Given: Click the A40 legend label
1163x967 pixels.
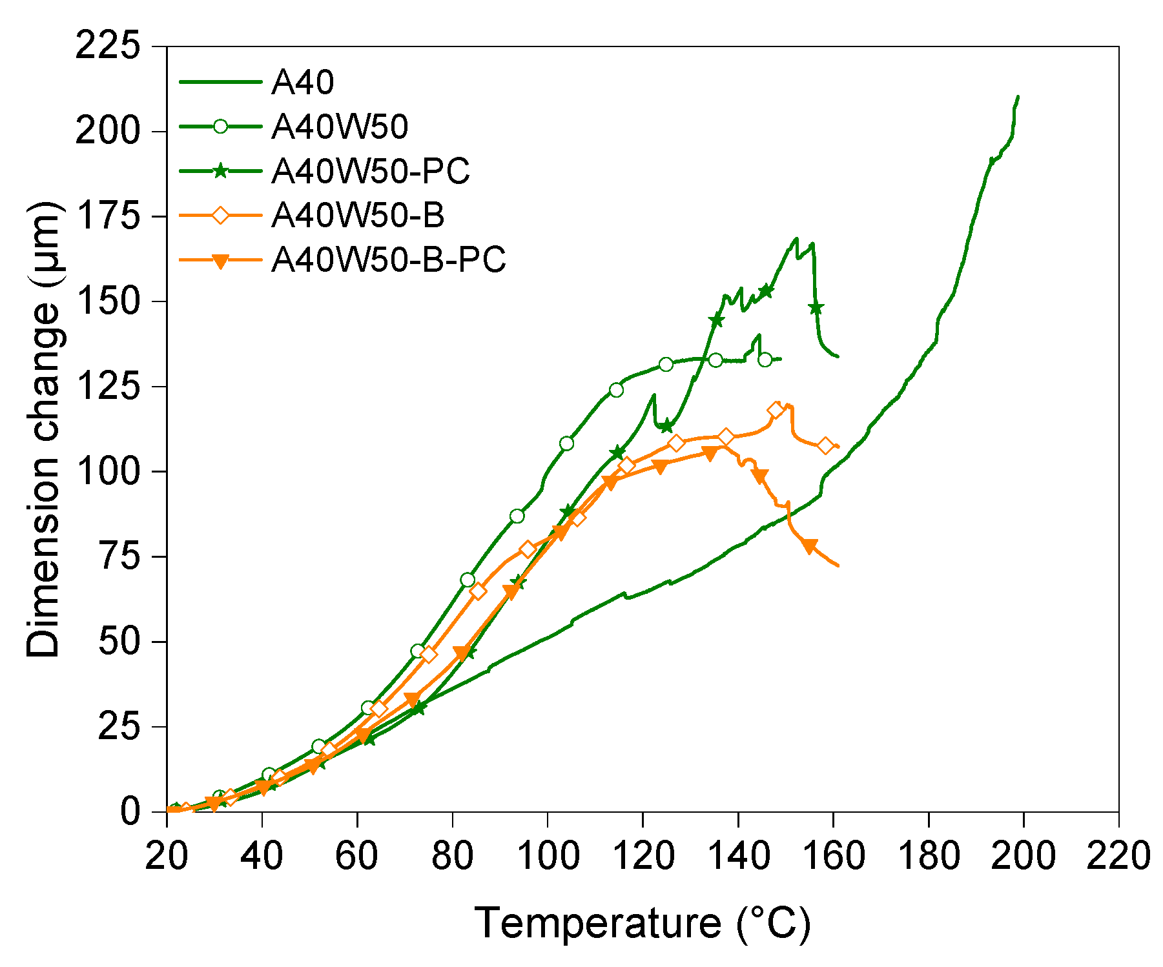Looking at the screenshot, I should point(302,83).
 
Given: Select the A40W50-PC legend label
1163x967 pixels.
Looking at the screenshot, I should point(370,172).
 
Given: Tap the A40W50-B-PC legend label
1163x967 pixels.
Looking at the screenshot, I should point(388,260).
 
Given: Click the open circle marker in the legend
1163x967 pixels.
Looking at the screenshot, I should point(220,127).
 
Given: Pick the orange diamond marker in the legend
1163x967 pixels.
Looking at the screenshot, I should point(220,216).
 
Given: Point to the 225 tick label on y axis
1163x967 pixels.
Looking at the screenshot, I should point(107,47).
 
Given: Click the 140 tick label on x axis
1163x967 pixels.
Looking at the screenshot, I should point(738,857).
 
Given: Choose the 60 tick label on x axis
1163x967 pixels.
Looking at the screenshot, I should point(357,857).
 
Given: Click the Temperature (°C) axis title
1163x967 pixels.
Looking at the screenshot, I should point(642,924).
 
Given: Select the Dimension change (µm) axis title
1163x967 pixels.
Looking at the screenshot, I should point(44,429).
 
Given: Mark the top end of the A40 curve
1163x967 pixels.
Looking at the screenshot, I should point(1018,97).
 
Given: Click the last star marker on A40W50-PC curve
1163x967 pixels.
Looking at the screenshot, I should point(816,309).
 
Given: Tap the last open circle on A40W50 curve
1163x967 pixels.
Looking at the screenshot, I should point(765,360).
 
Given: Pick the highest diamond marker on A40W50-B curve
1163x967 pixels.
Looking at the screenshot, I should point(776,411).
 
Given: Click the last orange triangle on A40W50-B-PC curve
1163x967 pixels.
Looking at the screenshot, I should point(810,545).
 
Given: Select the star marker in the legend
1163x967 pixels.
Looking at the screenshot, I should point(220,171).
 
